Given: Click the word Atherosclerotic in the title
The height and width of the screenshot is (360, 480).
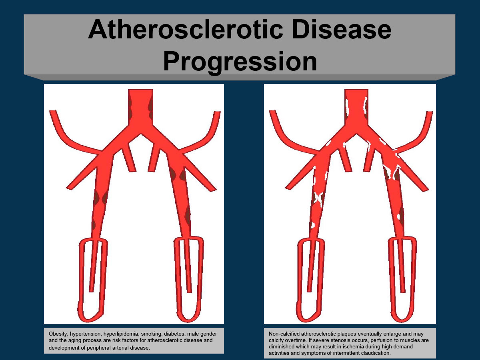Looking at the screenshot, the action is tap(185, 30).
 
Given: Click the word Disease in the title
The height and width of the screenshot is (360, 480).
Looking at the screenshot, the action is tap(341, 30).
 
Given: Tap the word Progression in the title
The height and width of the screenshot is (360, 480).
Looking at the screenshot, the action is tap(240, 62).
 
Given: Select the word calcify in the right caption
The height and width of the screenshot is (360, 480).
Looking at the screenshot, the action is tap(276, 340).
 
